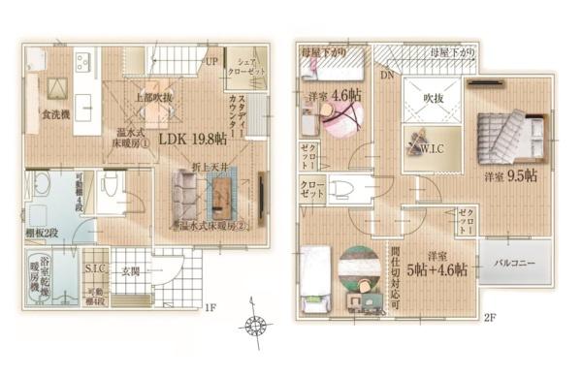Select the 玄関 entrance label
click(x=130, y=272)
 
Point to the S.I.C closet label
click(x=95, y=268)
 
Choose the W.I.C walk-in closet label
click(x=432, y=149)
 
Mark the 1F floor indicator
click(x=210, y=309)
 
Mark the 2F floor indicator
click(x=491, y=317)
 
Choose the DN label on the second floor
click(x=386, y=75)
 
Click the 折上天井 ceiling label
click(x=210, y=167)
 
